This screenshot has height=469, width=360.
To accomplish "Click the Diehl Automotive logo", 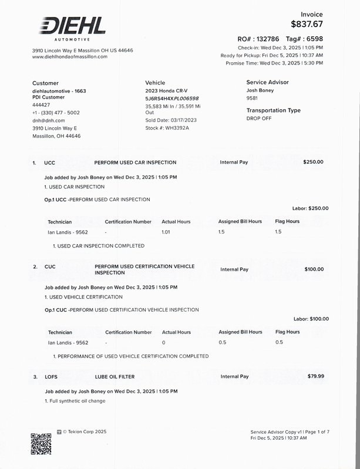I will pos(73,28).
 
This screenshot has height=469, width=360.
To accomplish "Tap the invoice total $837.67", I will pos(307,24).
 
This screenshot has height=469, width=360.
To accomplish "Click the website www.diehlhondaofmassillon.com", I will pos(70,57).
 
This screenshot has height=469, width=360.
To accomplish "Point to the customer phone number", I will pos(56,113).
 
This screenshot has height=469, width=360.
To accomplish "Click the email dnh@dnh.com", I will pos(48,120).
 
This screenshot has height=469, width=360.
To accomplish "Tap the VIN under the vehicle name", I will pos(172,99).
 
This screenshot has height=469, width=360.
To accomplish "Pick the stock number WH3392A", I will pos(177,127).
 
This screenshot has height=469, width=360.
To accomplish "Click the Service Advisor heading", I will pos(267,83).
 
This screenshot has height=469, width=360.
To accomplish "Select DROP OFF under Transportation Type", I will pos(260,118).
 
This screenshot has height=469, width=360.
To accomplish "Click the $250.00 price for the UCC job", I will pos(313,162).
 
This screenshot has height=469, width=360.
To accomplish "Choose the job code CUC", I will pos(50,267).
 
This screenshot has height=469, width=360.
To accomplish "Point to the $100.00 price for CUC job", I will pos(314,269).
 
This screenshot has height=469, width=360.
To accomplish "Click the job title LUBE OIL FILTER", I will pos(117,376).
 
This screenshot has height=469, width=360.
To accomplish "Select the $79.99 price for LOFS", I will pos(315,376).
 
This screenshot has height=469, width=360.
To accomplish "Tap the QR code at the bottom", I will pos(41,443).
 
